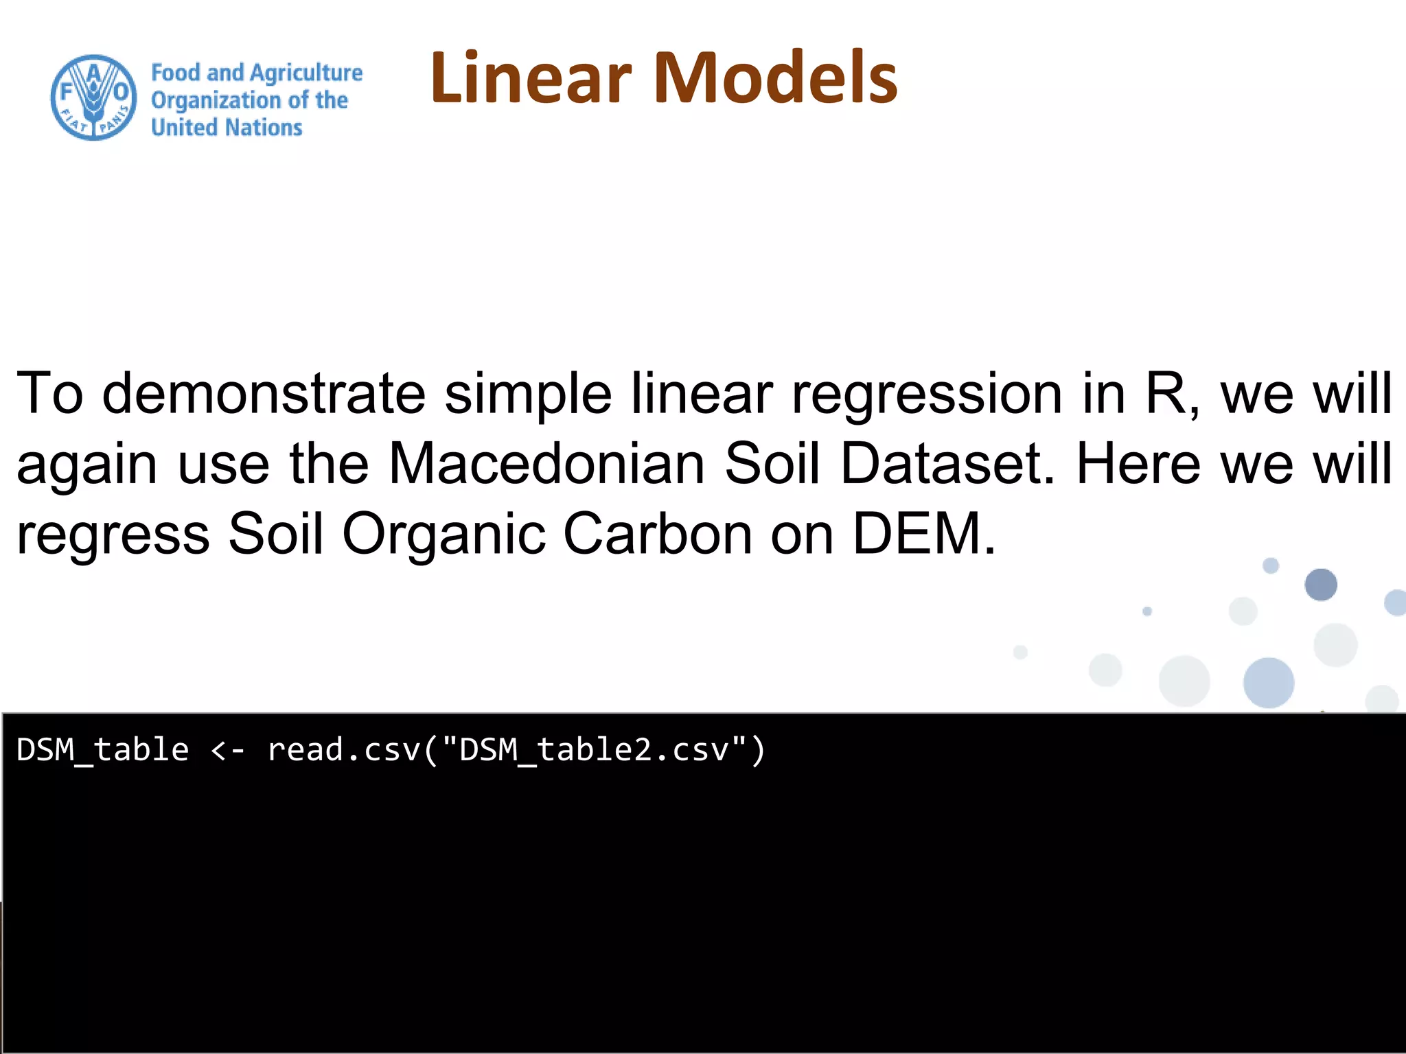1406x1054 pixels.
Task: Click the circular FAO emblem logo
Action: [94, 97]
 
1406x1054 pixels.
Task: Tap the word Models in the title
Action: [776, 78]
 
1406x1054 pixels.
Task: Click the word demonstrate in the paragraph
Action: [264, 393]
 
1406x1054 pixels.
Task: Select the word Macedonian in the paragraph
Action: [546, 463]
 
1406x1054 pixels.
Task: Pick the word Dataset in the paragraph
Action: [947, 463]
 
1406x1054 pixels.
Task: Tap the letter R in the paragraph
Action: [1166, 393]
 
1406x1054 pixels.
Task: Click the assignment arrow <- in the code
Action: [227, 750]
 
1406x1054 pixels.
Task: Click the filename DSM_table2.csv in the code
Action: [594, 750]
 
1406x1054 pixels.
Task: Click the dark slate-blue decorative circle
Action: [1321, 585]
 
